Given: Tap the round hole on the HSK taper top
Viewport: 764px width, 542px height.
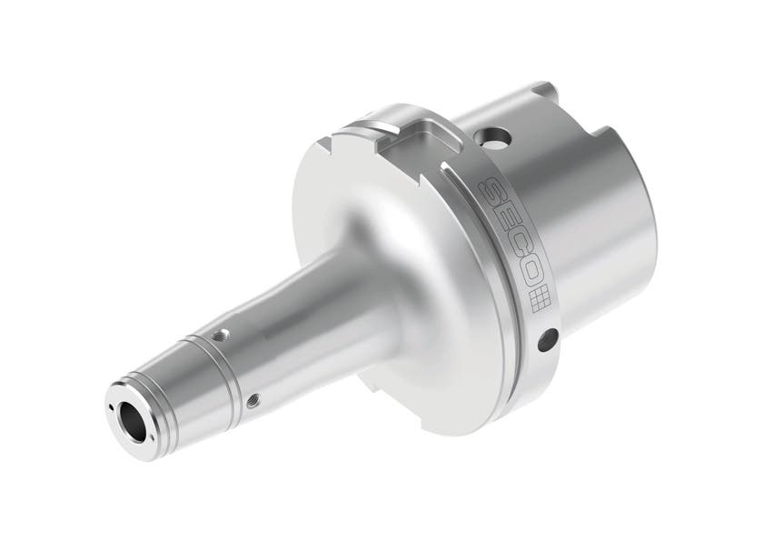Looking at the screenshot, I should click(495, 138).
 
